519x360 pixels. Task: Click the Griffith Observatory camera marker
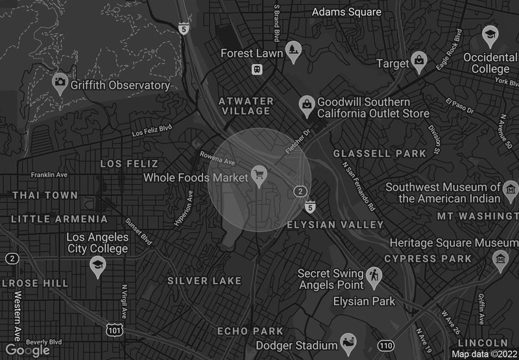(x=60, y=82)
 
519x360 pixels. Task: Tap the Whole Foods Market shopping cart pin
(x=259, y=175)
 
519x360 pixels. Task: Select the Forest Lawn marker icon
(x=294, y=51)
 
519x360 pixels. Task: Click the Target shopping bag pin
(x=420, y=62)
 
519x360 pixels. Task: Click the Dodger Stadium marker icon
(x=348, y=343)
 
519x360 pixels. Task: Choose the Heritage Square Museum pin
(x=500, y=258)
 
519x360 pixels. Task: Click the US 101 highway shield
(x=114, y=331)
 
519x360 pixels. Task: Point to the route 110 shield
(x=387, y=346)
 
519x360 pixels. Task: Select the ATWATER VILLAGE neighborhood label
(x=246, y=106)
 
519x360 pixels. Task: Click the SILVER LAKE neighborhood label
(x=204, y=281)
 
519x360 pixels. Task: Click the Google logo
(x=28, y=350)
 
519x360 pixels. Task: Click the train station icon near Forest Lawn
(x=258, y=69)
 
